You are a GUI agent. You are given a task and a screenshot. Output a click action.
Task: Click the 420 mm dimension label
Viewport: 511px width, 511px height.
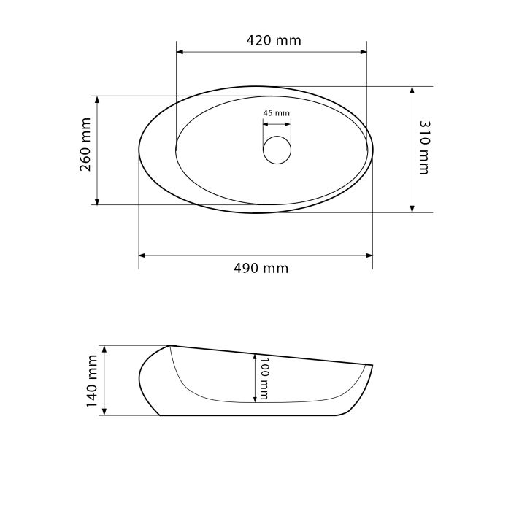(x=274, y=40)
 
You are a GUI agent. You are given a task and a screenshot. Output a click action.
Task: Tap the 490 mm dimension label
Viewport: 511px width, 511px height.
(x=261, y=269)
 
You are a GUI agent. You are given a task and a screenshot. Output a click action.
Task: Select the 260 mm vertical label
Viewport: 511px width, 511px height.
(x=85, y=145)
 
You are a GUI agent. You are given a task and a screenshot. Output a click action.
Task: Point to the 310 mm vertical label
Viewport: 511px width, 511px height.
(x=425, y=147)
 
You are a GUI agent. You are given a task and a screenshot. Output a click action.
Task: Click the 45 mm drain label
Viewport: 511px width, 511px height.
(x=277, y=113)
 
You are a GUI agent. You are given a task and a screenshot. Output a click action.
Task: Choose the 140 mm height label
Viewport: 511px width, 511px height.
(x=92, y=381)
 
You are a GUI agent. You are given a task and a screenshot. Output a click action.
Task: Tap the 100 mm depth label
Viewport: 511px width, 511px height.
(x=264, y=379)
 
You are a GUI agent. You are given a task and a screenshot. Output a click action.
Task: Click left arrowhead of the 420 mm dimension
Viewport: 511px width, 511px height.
(x=180, y=52)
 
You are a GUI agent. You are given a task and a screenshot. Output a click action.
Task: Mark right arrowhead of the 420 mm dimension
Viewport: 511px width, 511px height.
(x=364, y=52)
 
